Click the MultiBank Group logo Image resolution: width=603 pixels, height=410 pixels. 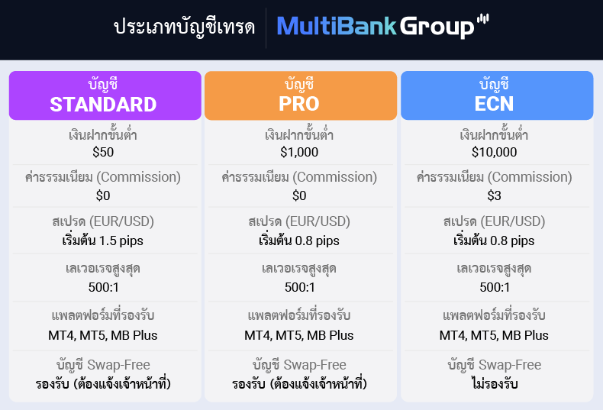[x=382, y=27]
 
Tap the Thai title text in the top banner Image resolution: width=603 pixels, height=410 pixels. [x=183, y=27]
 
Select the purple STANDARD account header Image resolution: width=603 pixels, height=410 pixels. [x=104, y=95]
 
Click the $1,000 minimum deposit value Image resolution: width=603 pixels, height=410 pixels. [x=299, y=152]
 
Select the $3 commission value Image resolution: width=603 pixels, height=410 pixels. [x=494, y=196]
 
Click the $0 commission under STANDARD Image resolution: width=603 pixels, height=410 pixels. [x=103, y=196]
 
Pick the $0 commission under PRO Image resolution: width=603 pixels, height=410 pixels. [x=299, y=196]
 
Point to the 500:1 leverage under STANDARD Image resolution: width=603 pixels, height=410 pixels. [x=103, y=287]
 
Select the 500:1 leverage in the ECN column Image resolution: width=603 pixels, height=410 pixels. [x=494, y=287]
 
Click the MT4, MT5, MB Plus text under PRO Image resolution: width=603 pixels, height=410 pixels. [x=299, y=334]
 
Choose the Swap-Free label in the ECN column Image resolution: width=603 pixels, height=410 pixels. [x=511, y=365]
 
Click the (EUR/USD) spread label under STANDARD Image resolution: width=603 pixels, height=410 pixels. [x=122, y=221]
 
